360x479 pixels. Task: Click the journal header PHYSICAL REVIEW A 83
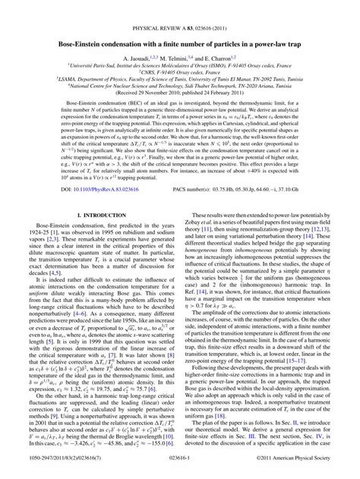pos(180,7)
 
